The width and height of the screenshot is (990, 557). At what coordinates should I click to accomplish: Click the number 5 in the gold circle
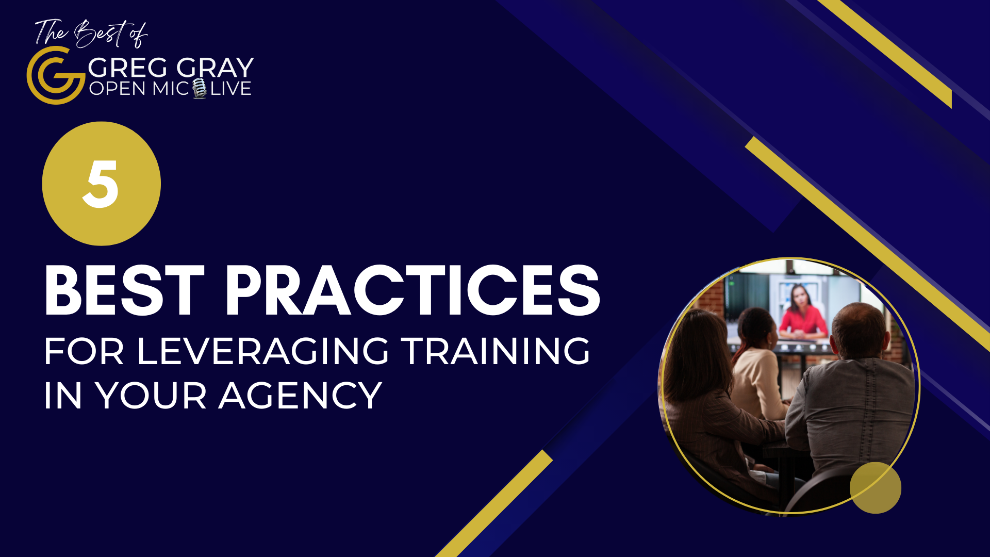coord(101,184)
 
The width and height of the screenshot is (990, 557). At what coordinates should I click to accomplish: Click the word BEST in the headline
coord(124,290)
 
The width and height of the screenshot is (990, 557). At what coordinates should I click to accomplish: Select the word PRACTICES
coord(412,290)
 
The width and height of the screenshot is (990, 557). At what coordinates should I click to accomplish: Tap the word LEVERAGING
coord(263,352)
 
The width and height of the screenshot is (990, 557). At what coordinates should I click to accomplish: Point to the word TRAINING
coord(496,352)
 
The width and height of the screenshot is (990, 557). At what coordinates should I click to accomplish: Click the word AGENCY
coord(300,396)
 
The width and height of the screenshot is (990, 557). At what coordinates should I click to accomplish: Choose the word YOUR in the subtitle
coord(151,396)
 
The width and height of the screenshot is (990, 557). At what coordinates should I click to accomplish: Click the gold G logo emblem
coord(56,75)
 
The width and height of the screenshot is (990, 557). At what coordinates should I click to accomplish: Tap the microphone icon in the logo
coord(200,88)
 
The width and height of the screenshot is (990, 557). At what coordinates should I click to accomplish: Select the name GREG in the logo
coord(128,68)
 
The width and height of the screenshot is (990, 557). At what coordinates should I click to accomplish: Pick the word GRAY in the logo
coord(215,68)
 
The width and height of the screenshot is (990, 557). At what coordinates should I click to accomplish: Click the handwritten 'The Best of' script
coord(91,33)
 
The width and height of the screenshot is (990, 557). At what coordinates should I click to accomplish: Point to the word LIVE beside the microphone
coord(230,89)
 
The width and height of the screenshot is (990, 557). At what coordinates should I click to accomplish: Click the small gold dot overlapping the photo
coord(876,488)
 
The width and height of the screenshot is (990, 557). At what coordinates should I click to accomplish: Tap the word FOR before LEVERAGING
coord(84,352)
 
